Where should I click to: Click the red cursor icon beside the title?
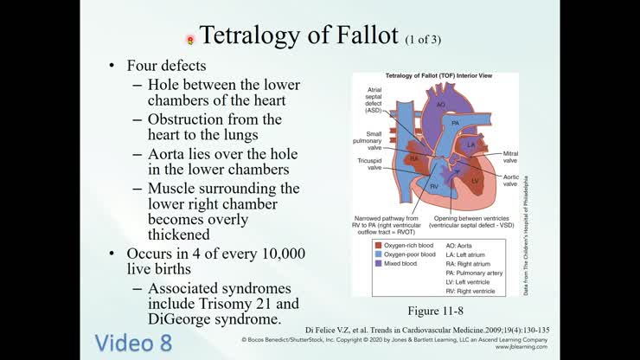[190, 39]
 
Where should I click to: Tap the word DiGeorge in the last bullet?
[183, 319]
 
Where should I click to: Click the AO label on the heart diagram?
[439, 105]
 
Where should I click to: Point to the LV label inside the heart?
[475, 180]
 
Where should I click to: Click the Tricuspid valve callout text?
[370, 164]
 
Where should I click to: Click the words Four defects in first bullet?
[166, 66]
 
